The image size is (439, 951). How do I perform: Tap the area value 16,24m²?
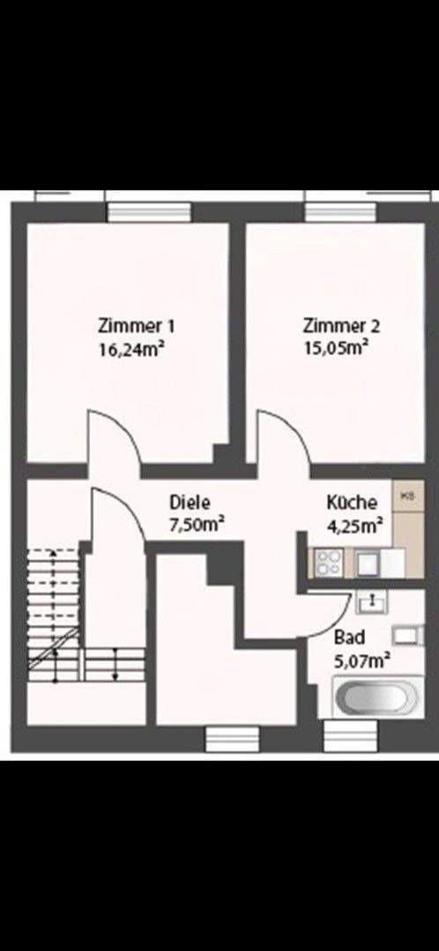tap(133, 348)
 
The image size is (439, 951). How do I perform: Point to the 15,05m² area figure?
tap(335, 348)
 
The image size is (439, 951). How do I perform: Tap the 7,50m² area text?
tap(196, 525)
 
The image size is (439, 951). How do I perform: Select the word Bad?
tap(346, 637)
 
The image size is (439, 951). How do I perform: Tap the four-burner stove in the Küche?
tap(328, 562)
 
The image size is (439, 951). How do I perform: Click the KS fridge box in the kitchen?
tap(407, 497)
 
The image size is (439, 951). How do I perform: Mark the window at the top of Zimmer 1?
tap(148, 211)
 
